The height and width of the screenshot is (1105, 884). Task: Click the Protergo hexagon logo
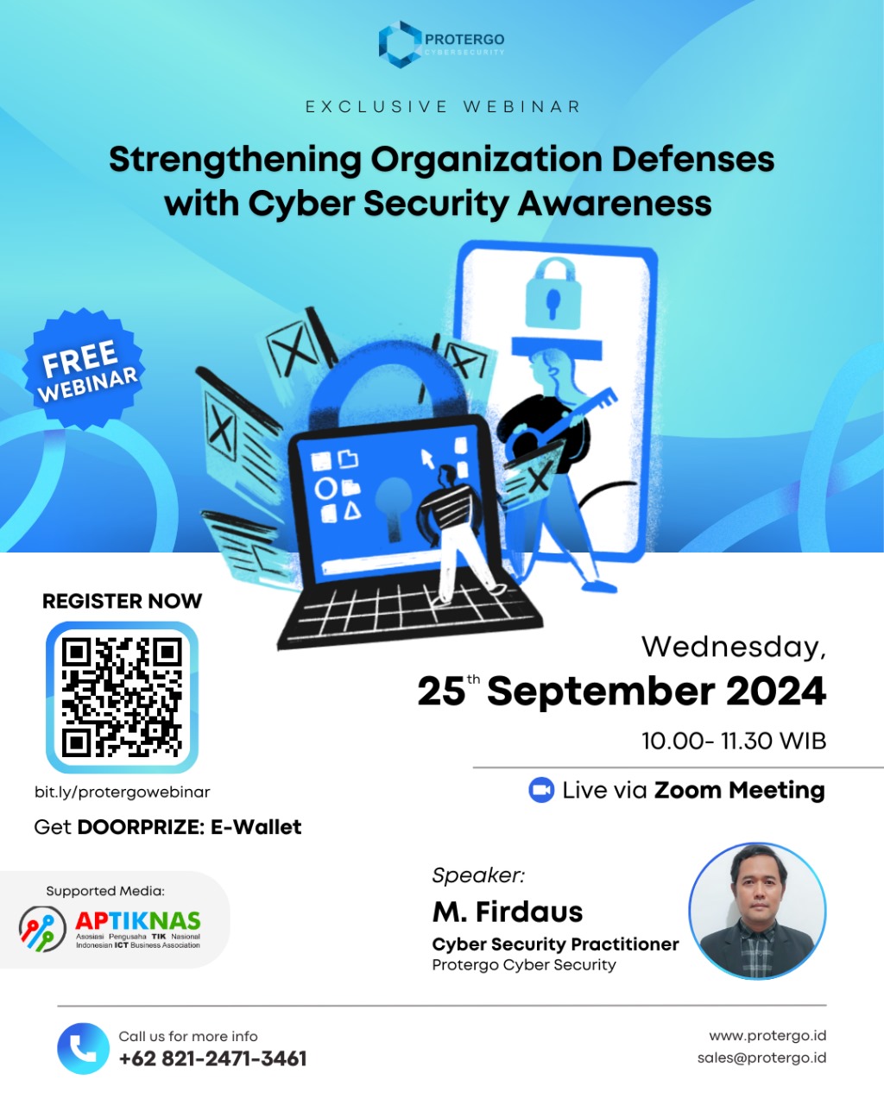point(400,45)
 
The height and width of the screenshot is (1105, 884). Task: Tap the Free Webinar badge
point(84,369)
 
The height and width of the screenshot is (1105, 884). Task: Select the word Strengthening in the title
point(236,160)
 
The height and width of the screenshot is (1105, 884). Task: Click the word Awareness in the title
point(615,204)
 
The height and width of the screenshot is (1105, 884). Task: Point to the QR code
point(122,698)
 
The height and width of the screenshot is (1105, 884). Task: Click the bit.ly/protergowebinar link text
point(123,792)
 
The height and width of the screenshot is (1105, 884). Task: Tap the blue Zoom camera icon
point(541,790)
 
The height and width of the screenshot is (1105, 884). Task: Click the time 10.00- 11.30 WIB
point(734,741)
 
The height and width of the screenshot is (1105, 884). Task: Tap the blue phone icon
point(83,1049)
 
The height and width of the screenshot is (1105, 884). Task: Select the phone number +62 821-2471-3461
point(212,1058)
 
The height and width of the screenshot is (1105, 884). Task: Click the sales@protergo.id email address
point(761,1058)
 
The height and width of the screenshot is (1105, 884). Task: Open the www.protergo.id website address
point(768,1036)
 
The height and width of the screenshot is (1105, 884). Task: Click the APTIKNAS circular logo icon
point(42,928)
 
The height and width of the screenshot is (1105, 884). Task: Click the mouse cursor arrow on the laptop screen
point(427,458)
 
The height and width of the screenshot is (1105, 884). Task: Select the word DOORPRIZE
point(141,827)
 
